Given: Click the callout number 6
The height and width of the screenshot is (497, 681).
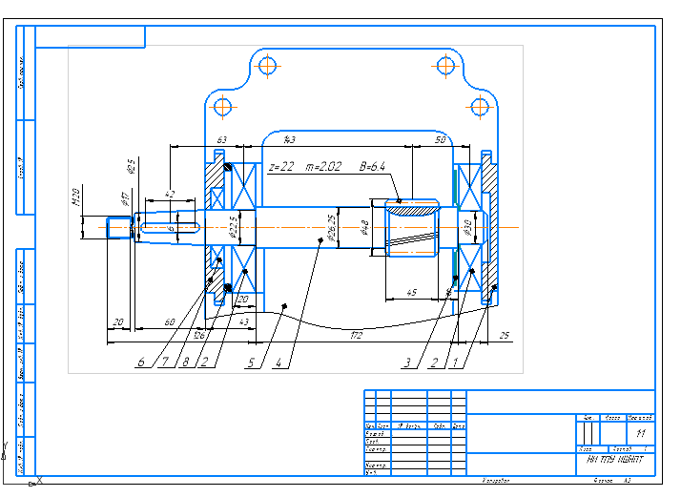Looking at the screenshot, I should click(x=140, y=362).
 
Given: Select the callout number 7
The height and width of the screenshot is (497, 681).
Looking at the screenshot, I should click(x=164, y=362).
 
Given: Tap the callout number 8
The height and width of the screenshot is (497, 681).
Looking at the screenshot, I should click(x=185, y=362).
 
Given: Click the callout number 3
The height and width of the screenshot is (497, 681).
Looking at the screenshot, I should click(x=407, y=362).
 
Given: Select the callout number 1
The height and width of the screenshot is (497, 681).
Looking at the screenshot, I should click(x=456, y=362).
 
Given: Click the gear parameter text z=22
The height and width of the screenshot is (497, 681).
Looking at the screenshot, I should click(x=281, y=167).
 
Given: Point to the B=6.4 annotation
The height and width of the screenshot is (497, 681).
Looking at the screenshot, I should click(x=372, y=167).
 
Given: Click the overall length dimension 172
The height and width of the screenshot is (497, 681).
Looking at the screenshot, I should click(x=356, y=335).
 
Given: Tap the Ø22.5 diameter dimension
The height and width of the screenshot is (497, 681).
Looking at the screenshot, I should click(x=232, y=228).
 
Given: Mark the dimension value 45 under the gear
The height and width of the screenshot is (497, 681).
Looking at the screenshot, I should click(x=410, y=292).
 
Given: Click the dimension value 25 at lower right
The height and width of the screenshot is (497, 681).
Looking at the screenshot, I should click(x=504, y=335).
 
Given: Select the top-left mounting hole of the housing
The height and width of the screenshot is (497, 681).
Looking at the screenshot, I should click(x=267, y=66).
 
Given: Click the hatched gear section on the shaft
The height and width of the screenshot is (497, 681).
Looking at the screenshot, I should click(x=412, y=206).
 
